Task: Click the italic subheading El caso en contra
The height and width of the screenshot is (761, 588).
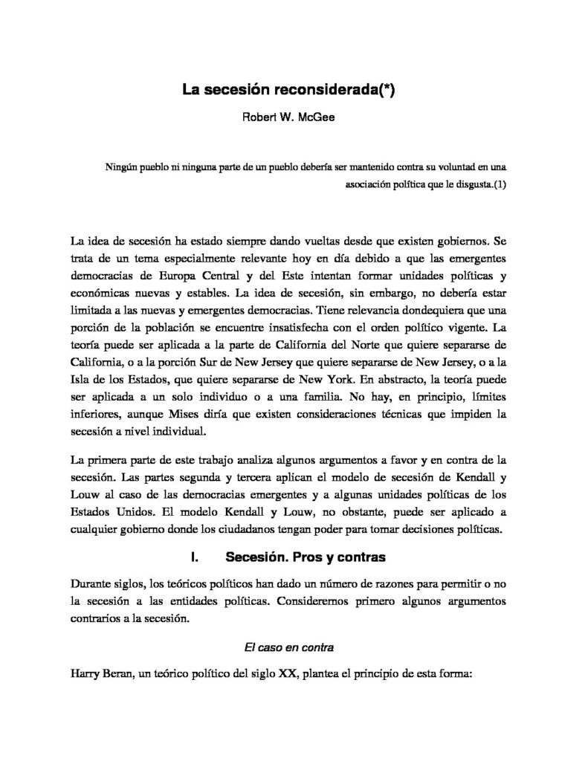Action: [289, 647]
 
